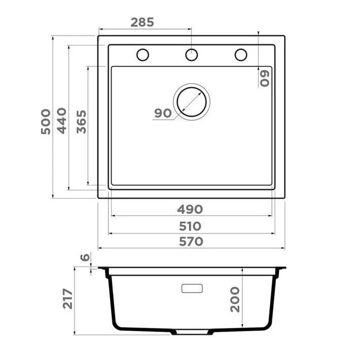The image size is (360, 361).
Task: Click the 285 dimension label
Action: [x=142, y=22]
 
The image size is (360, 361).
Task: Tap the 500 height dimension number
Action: [x=46, y=121]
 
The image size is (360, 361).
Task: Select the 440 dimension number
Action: [x=61, y=121]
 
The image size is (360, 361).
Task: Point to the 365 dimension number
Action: [x=81, y=122]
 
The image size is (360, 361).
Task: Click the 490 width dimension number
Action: [x=190, y=209]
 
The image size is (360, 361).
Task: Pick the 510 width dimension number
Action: [x=190, y=226]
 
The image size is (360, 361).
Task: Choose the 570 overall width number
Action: [x=191, y=242]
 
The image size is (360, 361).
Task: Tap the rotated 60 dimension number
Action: [x=264, y=79]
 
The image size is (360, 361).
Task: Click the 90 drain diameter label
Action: [x=163, y=113]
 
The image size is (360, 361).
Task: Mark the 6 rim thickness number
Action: [x=85, y=257]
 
